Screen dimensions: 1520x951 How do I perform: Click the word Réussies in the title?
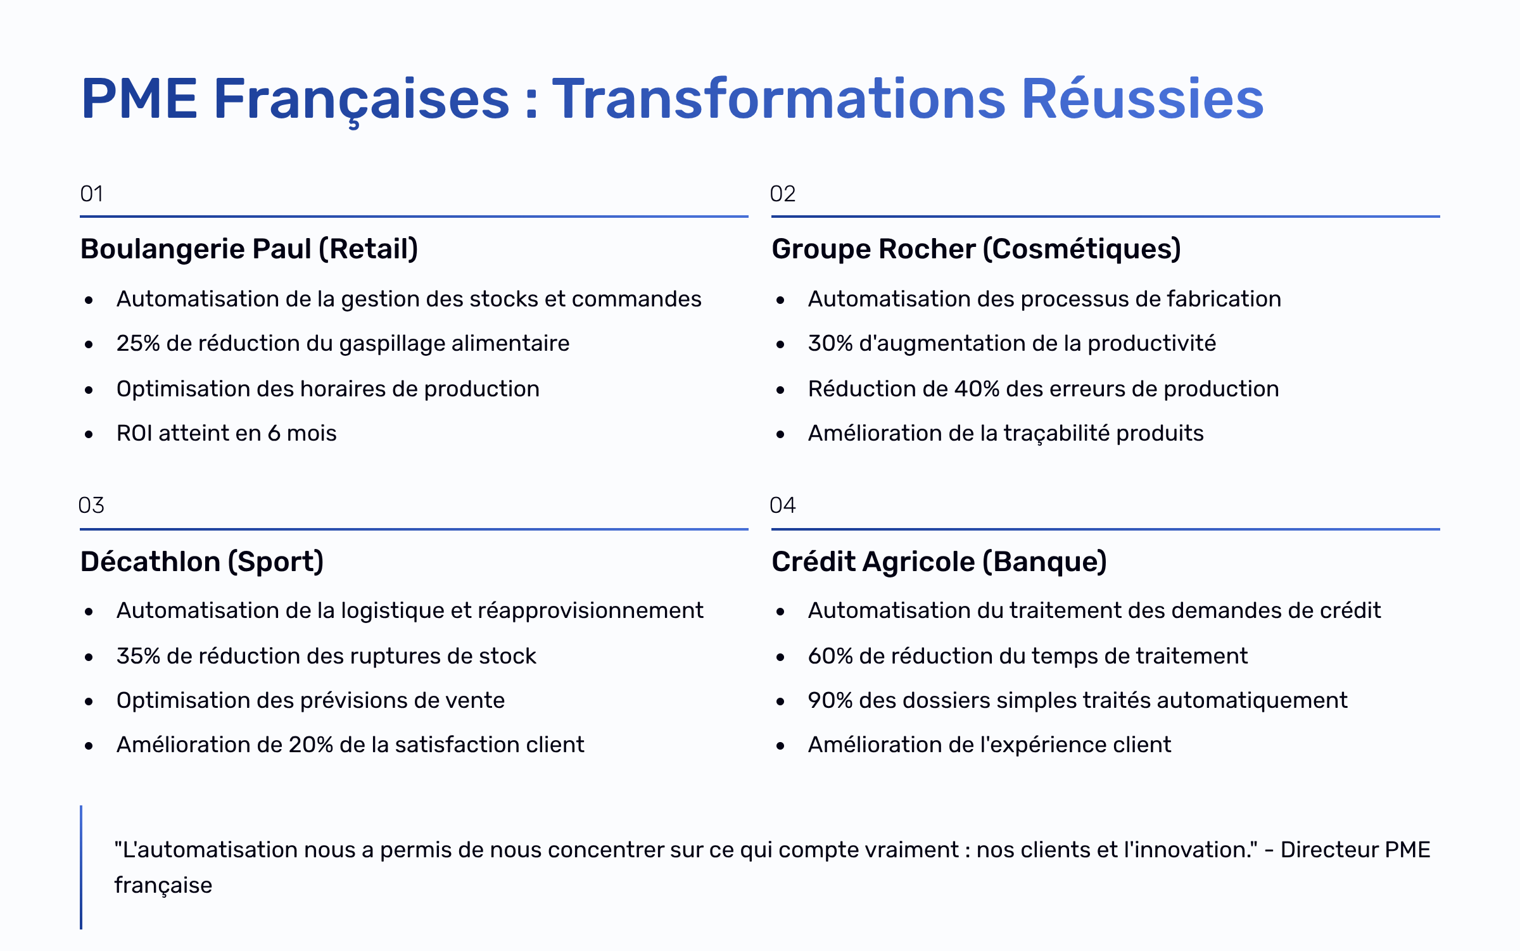coord(1143,98)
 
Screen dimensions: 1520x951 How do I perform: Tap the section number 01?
coord(92,194)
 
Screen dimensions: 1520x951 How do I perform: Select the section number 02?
coord(783,194)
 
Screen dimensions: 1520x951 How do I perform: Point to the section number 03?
coord(91,505)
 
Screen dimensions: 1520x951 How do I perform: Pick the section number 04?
coord(783,505)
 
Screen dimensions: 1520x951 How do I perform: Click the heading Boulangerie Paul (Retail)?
coord(250,249)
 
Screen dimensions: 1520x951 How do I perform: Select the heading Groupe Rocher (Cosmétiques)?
coord(977,249)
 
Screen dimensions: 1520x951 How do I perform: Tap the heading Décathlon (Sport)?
coord(202,562)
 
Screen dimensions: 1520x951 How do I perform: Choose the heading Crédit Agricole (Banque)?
coord(939,562)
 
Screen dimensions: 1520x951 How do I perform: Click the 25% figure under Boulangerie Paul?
coord(138,343)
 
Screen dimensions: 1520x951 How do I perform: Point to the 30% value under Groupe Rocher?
coord(830,343)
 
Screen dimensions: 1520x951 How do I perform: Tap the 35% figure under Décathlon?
coord(138,656)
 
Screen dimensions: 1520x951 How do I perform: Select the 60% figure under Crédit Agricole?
coord(830,656)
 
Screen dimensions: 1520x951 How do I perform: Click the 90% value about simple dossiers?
coord(830,700)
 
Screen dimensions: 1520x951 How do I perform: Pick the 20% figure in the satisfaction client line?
coord(311,745)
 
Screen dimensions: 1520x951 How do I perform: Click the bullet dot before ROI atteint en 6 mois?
coord(89,434)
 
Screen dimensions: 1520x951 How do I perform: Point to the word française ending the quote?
coord(163,886)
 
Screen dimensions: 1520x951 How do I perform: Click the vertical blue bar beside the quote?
coord(81,867)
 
